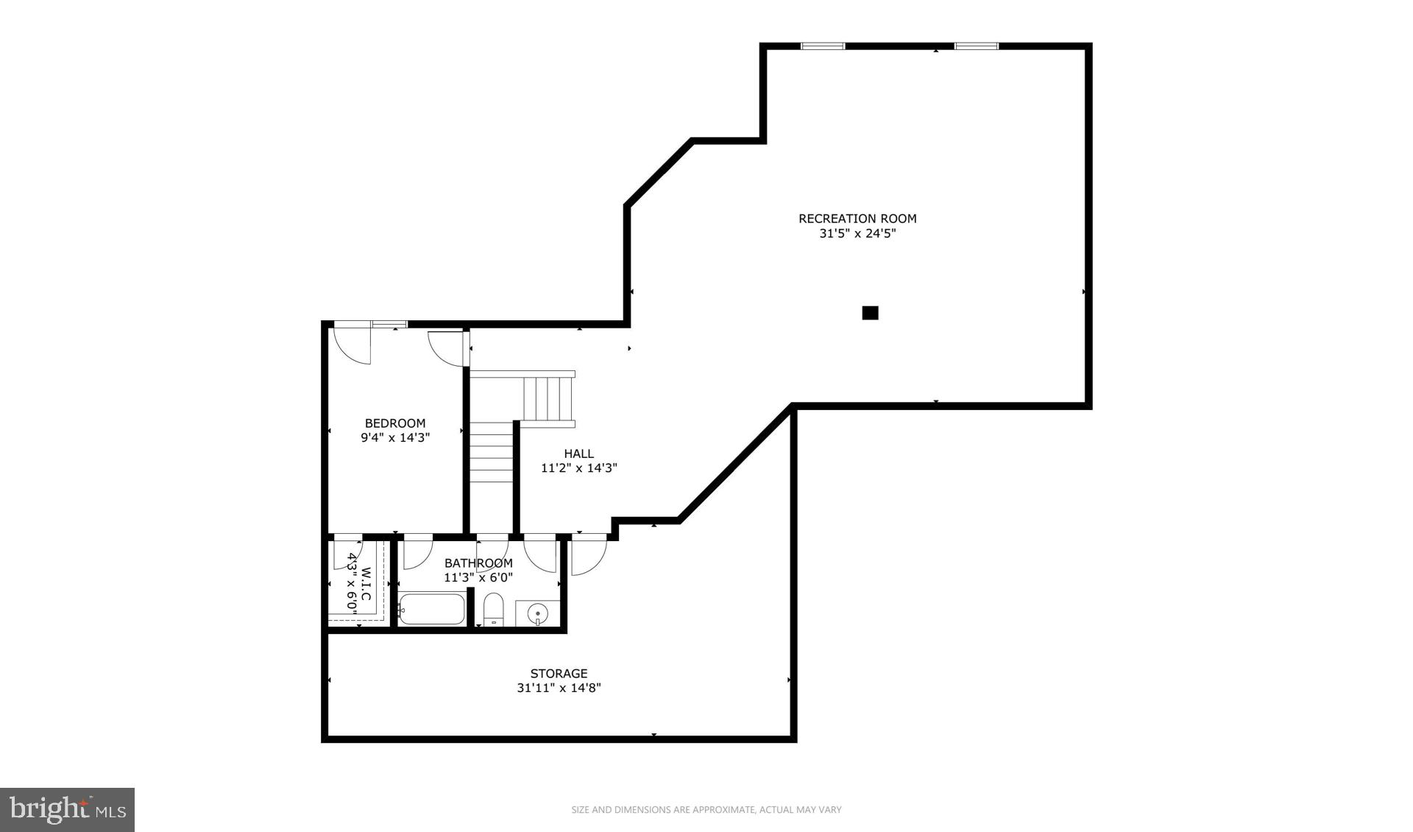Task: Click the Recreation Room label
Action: [857, 219]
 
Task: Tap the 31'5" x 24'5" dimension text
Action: [857, 234]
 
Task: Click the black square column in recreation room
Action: [870, 313]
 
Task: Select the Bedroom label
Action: [395, 423]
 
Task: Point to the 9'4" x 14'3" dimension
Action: [395, 437]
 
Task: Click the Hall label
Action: [578, 454]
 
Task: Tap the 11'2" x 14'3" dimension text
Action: [578, 468]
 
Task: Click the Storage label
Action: [559, 674]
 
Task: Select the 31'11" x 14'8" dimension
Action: [559, 688]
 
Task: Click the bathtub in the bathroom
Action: [432, 610]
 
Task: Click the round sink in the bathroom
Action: [539, 613]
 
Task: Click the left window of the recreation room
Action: [823, 46]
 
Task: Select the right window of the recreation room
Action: [976, 46]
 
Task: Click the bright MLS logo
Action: [67, 810]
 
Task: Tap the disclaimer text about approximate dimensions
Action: [706, 810]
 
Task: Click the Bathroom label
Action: [478, 563]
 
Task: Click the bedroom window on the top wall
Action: [389, 324]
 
